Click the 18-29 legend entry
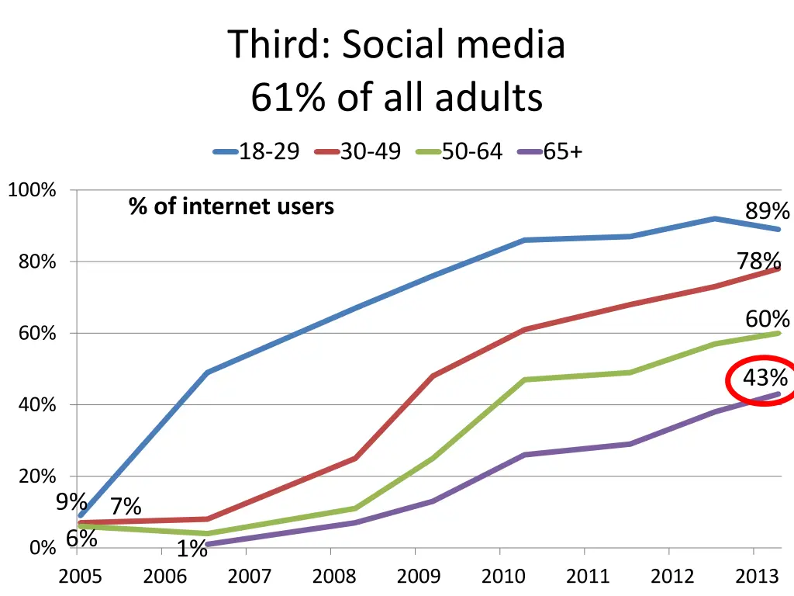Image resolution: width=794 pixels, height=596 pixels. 257,151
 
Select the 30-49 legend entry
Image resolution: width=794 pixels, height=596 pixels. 358,151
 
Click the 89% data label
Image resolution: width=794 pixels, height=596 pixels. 768,211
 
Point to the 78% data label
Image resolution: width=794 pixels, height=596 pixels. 759,261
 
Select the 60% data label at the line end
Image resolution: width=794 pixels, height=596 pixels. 768,319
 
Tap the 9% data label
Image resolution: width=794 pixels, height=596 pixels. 71,502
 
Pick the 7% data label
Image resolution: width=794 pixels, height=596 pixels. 126,507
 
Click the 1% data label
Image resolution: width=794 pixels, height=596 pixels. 192,549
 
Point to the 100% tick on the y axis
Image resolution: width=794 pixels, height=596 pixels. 32,190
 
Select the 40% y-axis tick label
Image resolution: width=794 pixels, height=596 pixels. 37,405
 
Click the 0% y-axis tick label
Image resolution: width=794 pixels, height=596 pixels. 43,549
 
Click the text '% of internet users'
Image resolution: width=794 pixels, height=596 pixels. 231,206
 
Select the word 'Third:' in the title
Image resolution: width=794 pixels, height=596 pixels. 280,45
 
